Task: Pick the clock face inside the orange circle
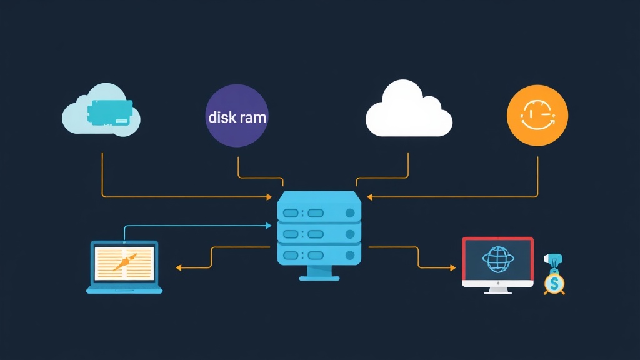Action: (x=536, y=116)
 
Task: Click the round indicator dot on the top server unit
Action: (x=350, y=213)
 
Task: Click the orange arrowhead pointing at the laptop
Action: (x=178, y=267)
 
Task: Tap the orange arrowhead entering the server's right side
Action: (x=369, y=197)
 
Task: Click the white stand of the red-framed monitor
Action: (x=497, y=291)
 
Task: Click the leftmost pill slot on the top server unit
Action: (x=292, y=213)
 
